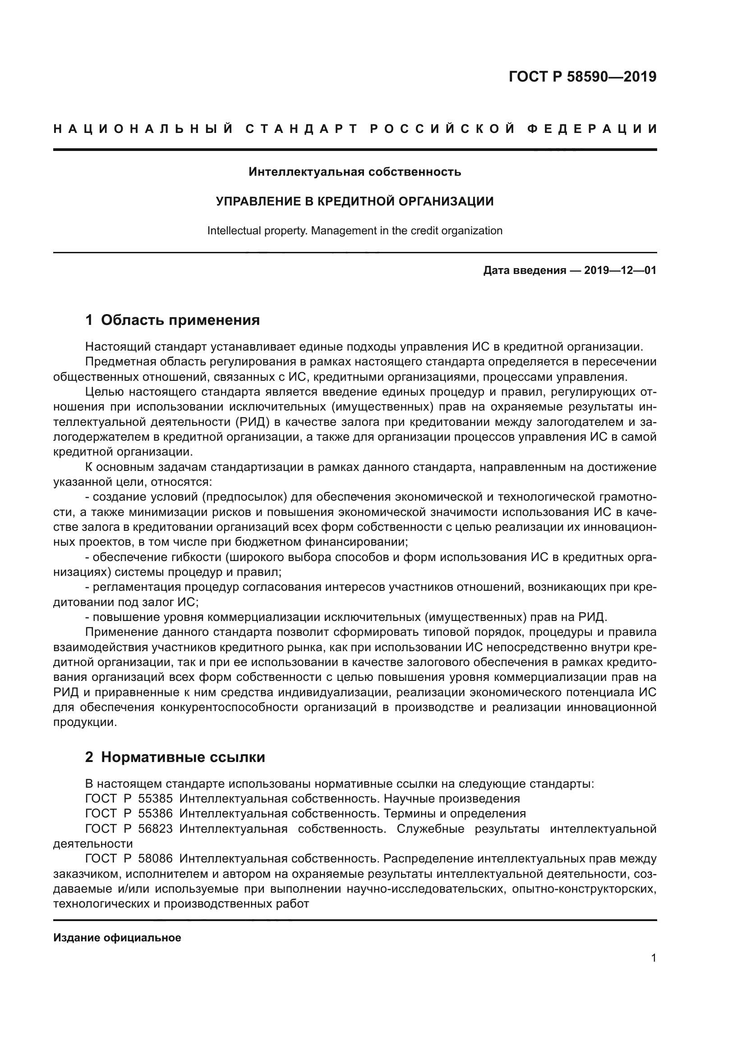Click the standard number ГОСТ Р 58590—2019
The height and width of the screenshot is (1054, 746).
click(x=582, y=77)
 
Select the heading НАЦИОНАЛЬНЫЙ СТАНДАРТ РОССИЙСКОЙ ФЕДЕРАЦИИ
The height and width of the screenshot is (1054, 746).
click(x=355, y=129)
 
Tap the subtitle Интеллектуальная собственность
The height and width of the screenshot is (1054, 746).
click(x=355, y=172)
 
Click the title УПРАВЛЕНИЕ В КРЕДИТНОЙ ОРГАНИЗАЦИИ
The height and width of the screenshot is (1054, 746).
click(x=355, y=201)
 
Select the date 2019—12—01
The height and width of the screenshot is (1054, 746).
click(x=620, y=270)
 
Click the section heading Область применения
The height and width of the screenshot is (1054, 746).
click(x=180, y=320)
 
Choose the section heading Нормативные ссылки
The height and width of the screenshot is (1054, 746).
click(x=183, y=757)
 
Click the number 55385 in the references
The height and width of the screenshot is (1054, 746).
click(x=155, y=798)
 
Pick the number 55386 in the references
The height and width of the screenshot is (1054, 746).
click(x=155, y=813)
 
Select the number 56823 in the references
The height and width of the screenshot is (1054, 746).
click(x=155, y=829)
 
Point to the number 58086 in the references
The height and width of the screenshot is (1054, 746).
click(x=155, y=858)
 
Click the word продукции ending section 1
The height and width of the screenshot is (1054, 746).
click(x=83, y=722)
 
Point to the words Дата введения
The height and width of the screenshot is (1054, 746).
click(x=525, y=270)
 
